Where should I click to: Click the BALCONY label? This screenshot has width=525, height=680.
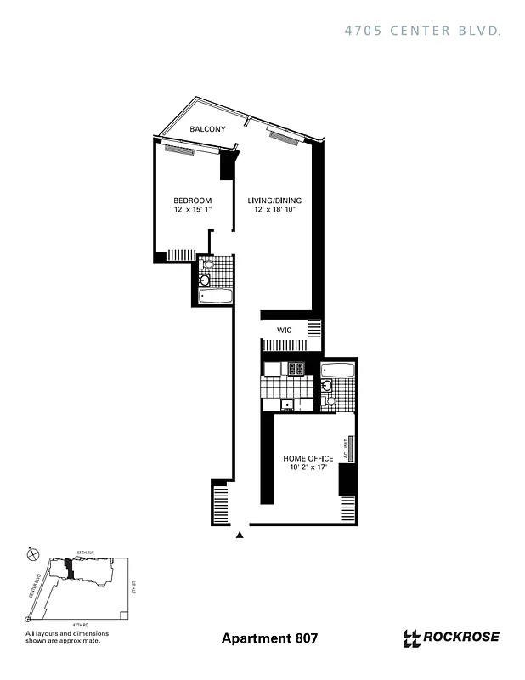pos(207,129)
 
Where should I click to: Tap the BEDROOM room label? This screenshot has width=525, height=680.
pos(192,201)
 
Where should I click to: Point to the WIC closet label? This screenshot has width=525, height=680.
pos(284,330)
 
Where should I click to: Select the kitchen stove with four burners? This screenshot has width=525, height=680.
pos(296,369)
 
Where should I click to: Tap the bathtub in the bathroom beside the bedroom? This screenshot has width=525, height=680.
pos(215,297)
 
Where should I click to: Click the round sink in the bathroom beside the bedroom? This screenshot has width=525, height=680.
pos(205,280)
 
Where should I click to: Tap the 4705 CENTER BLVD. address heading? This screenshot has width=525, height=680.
pos(421,30)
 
